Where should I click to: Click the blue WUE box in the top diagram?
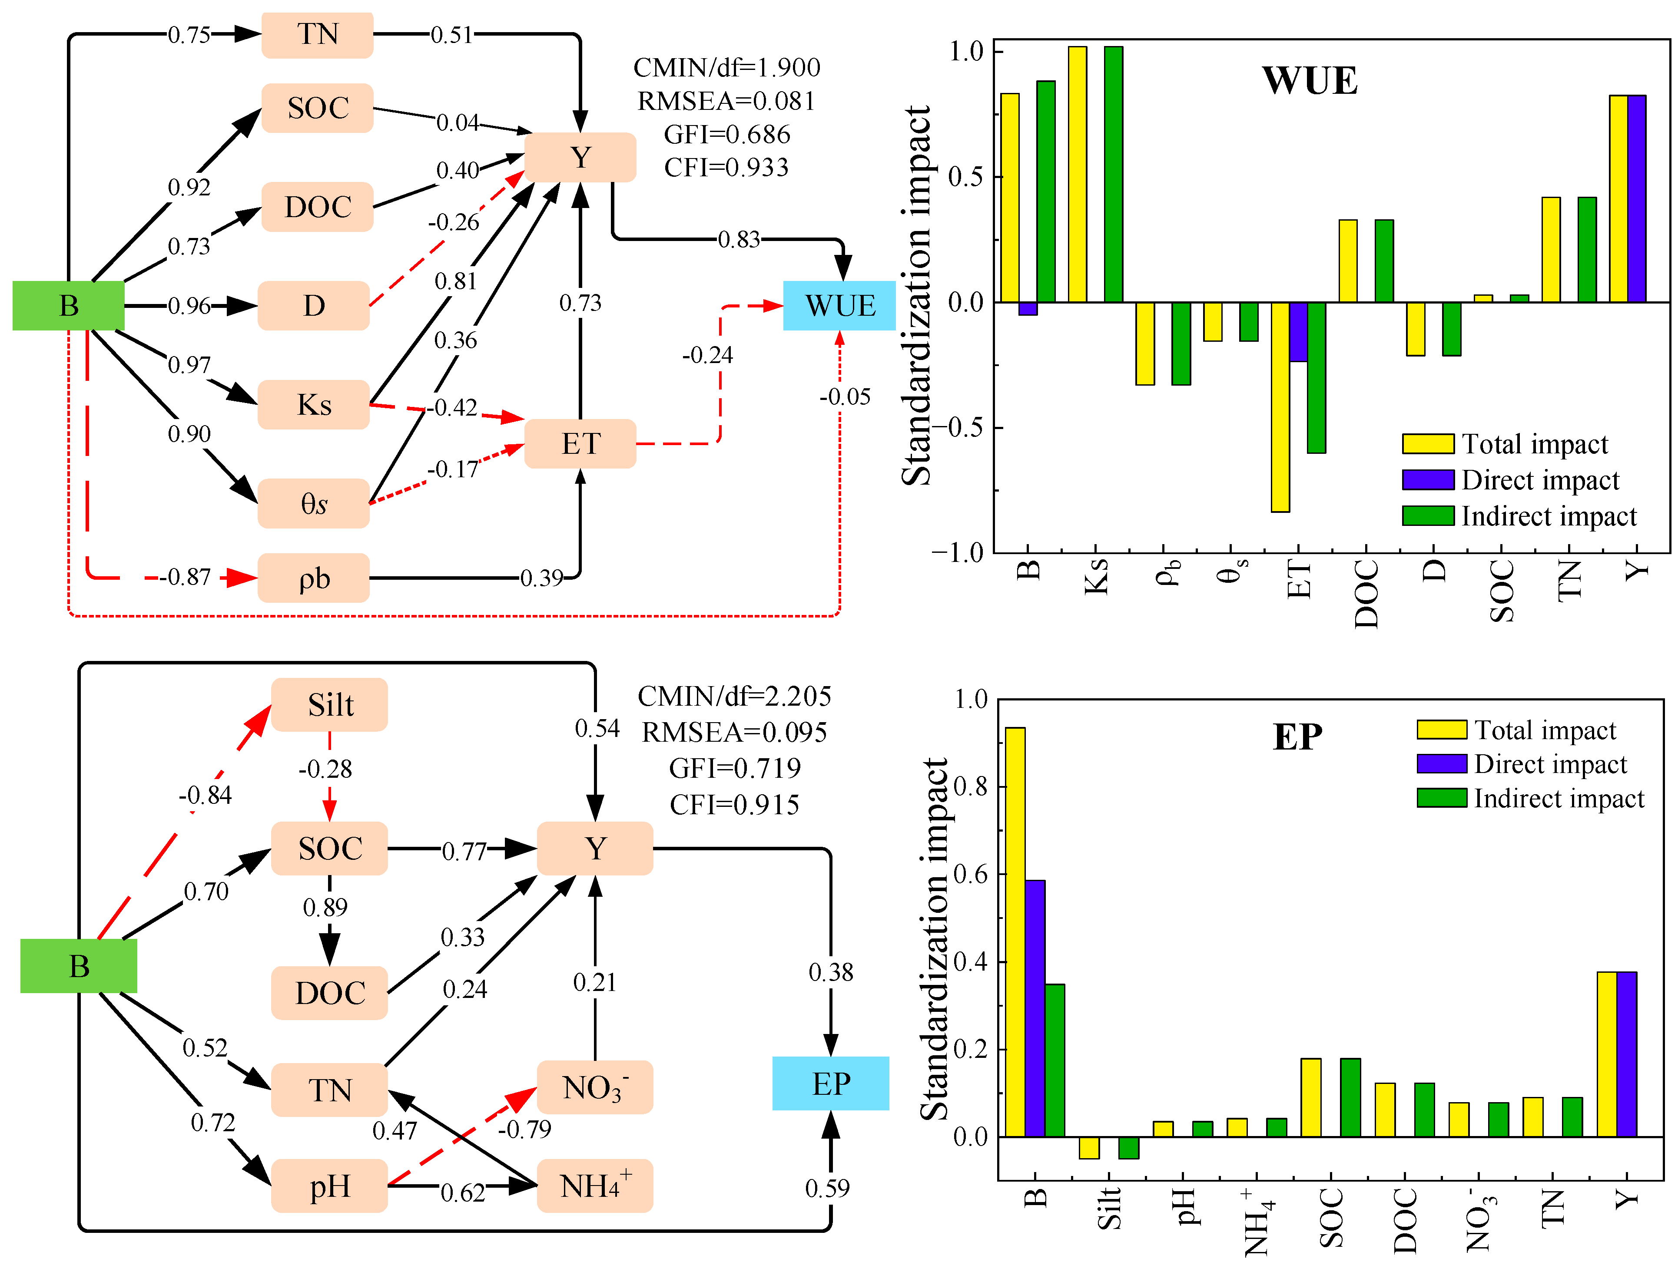(x=839, y=306)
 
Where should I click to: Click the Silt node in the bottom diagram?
(x=329, y=704)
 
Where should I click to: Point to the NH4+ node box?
(x=595, y=1186)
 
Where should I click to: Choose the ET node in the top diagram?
(x=580, y=444)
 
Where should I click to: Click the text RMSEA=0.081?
(x=726, y=101)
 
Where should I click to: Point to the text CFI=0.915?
(x=734, y=805)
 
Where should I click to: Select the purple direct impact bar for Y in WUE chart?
(x=1636, y=199)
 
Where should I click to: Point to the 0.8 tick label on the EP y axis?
(x=971, y=786)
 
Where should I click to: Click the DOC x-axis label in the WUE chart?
(x=1366, y=594)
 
